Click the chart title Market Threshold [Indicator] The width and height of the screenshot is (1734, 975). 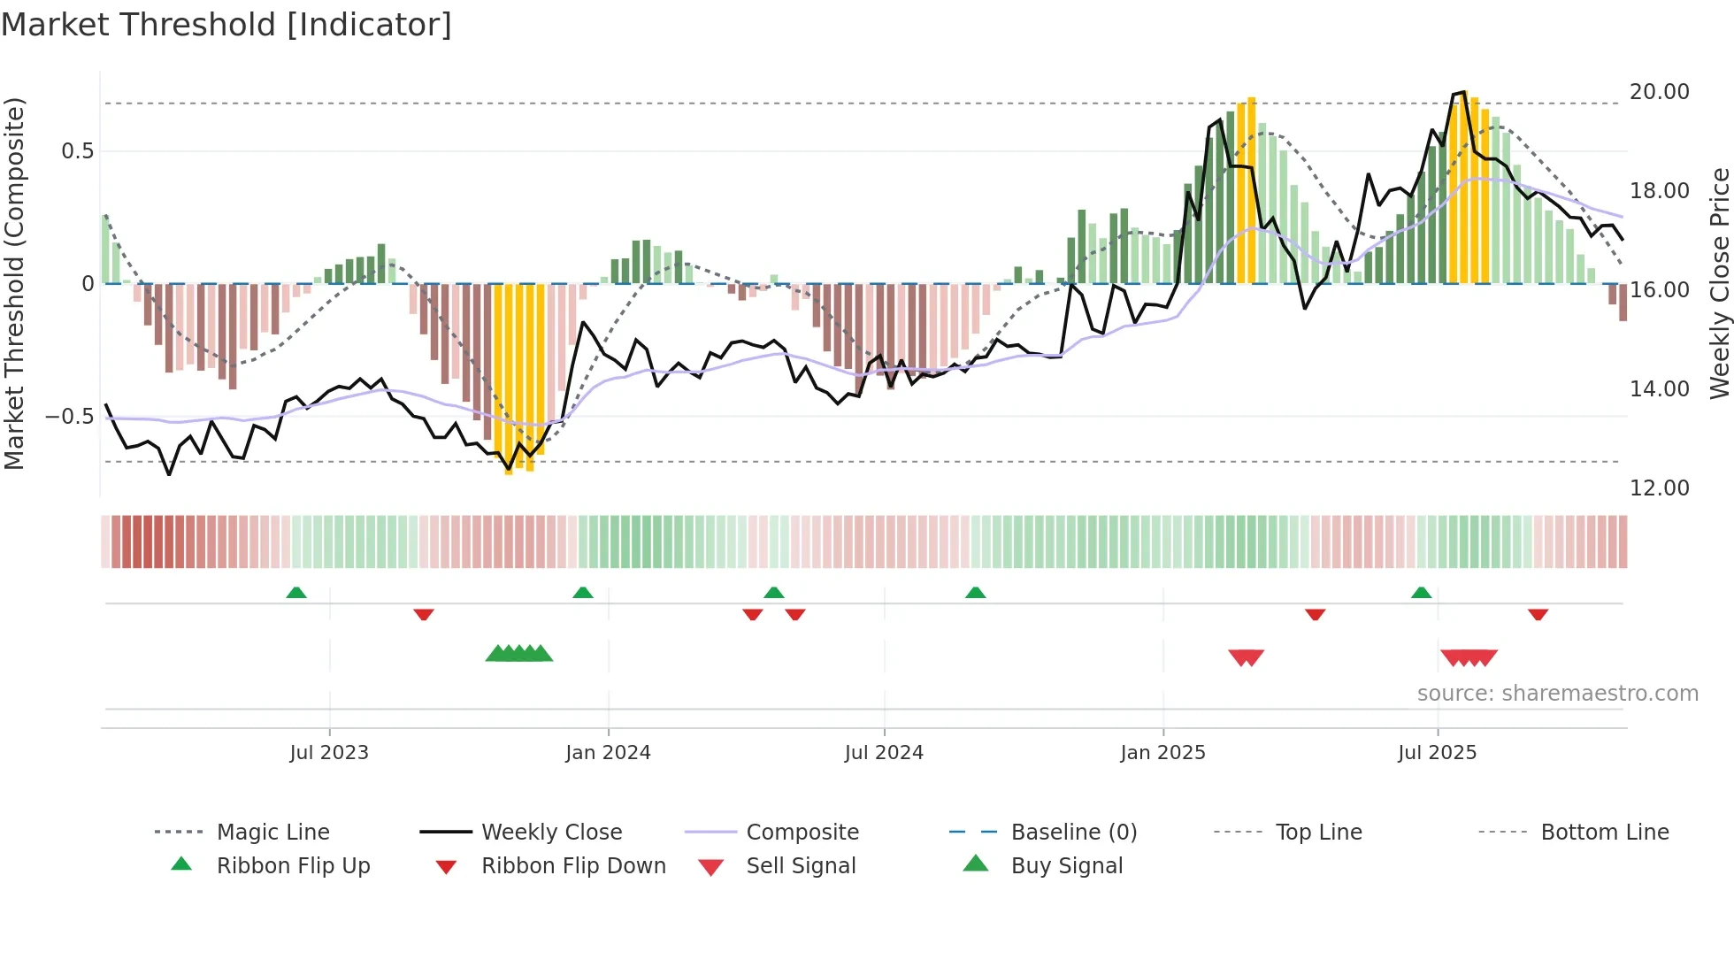click(226, 25)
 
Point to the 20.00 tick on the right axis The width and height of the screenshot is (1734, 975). click(1659, 92)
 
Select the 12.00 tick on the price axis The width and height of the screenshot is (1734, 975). click(1659, 488)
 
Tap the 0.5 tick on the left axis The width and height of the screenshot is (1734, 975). click(77, 151)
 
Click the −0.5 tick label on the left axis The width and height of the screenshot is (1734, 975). click(70, 417)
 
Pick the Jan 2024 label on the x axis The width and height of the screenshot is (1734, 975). click(608, 753)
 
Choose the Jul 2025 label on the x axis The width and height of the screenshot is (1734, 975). click(1437, 753)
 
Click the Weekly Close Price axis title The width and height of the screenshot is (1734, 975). click(1719, 283)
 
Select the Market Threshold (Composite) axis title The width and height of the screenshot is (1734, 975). click(14, 283)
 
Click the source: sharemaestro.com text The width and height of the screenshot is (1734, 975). click(1557, 694)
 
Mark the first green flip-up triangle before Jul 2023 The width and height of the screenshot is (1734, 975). click(296, 593)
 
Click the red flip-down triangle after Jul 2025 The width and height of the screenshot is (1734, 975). click(1538, 614)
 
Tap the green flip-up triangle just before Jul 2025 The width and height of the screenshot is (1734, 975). click(1421, 593)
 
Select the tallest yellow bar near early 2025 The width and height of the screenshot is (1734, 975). click(1251, 190)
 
